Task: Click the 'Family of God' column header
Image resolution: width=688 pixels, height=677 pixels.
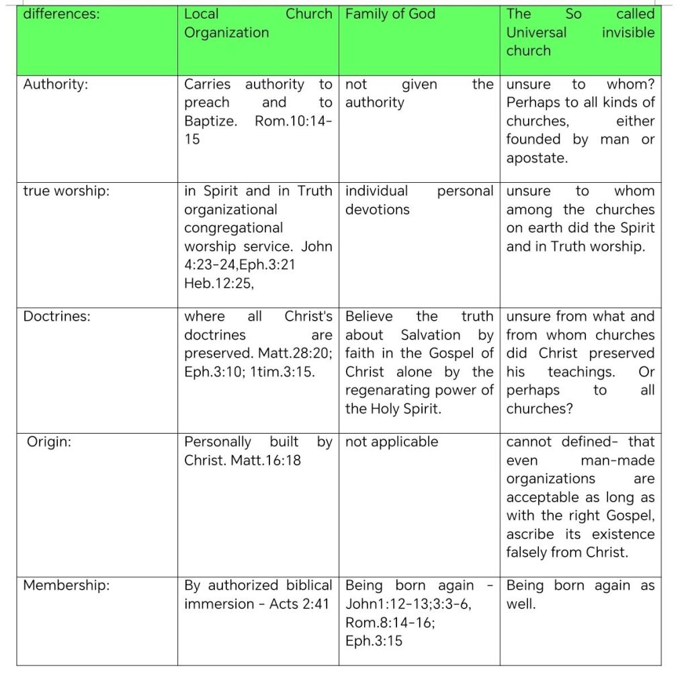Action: tap(390, 14)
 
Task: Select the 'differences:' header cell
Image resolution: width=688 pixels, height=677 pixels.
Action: tap(61, 14)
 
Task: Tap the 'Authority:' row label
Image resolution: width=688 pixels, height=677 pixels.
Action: tap(55, 85)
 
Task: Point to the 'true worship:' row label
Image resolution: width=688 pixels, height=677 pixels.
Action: tap(66, 192)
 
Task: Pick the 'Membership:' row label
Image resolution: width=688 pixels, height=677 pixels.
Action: tap(66, 586)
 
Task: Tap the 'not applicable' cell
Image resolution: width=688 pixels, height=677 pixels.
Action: tap(391, 442)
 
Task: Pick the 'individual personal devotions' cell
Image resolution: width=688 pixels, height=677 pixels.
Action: tap(419, 200)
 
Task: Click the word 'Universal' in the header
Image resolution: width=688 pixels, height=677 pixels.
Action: tap(536, 32)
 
